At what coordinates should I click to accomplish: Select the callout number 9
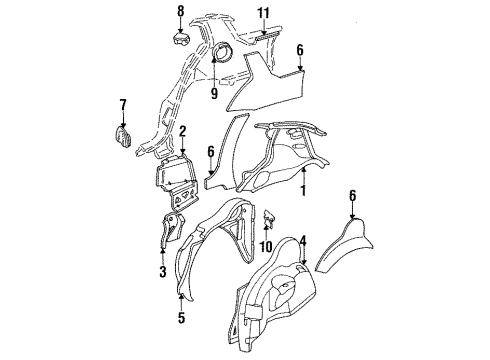[213, 94]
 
